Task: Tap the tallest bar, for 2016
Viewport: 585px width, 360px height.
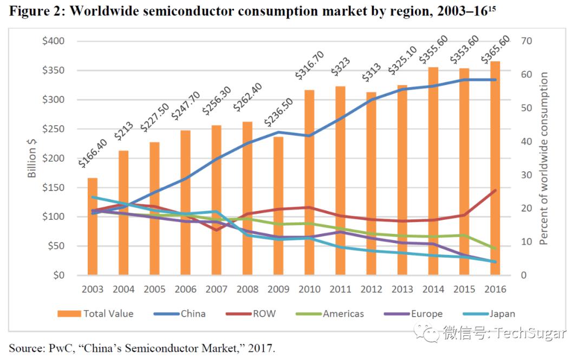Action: click(495, 168)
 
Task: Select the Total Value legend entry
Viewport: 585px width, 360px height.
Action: click(108, 313)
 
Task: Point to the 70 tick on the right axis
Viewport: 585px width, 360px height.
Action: click(525, 41)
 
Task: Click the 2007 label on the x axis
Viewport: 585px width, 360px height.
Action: click(216, 289)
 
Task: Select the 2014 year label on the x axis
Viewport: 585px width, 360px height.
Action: click(433, 289)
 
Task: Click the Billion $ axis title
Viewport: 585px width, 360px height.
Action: click(32, 158)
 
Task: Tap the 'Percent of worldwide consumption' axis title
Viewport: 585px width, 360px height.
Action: click(544, 158)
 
